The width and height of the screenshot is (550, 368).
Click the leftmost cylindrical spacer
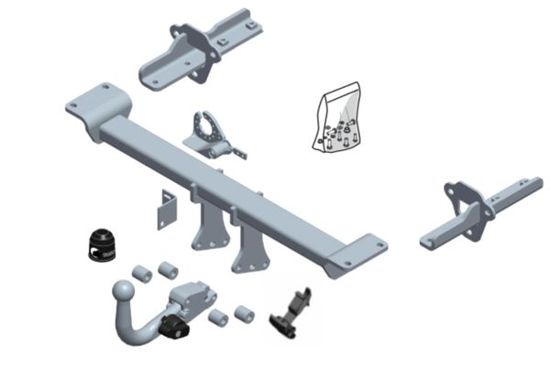click(x=143, y=272)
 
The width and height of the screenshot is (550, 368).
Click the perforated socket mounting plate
click(x=211, y=133)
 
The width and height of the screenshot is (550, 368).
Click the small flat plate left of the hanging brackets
click(x=164, y=208)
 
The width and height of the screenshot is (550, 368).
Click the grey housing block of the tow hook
click(x=192, y=298)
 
